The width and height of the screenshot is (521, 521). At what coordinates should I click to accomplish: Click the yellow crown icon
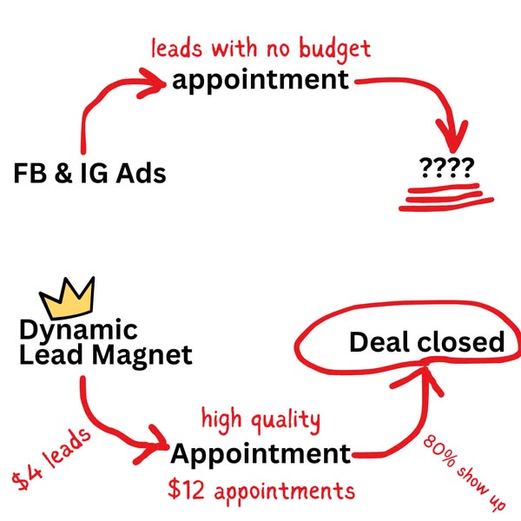click(x=69, y=299)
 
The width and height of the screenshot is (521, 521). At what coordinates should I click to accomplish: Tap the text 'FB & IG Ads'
click(x=89, y=174)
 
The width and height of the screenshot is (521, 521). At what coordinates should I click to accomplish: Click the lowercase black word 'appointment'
click(x=260, y=81)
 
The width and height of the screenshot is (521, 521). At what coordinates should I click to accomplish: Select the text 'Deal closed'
click(x=426, y=342)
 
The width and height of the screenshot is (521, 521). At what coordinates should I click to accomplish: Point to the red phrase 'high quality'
click(x=260, y=420)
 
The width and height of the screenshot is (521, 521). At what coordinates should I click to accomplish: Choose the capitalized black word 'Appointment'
click(x=260, y=453)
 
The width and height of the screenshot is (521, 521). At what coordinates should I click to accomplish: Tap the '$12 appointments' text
click(x=260, y=491)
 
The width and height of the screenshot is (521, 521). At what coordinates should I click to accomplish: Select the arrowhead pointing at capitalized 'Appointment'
click(x=155, y=441)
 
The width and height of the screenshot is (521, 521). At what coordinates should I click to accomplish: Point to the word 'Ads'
click(x=141, y=174)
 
